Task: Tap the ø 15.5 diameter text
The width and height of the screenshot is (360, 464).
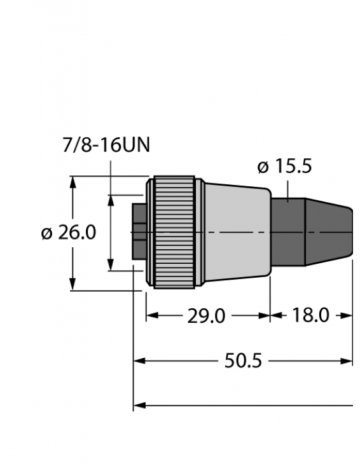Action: (x=284, y=167)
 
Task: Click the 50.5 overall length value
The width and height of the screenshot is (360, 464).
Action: (x=243, y=361)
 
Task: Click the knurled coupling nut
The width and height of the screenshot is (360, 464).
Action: (x=173, y=233)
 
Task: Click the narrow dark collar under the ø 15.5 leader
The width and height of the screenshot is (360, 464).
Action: (x=288, y=233)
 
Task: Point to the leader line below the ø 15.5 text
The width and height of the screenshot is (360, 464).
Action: (x=288, y=189)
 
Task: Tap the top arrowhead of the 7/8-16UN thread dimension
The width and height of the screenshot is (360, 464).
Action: (x=111, y=200)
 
